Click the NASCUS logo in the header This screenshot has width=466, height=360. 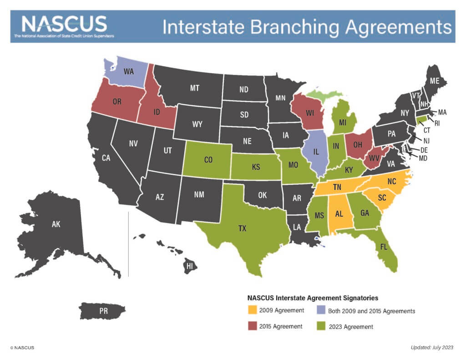click(64, 26)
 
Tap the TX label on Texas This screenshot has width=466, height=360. click(242, 228)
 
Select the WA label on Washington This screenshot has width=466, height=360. click(129, 72)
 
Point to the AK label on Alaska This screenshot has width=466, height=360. click(56, 224)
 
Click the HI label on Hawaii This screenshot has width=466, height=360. click(190, 265)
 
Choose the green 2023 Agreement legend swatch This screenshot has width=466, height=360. click(321, 326)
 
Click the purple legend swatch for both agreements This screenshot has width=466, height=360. click(321, 311)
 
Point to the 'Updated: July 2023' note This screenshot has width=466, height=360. click(432, 348)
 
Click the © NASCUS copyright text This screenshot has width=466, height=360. click(22, 348)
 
